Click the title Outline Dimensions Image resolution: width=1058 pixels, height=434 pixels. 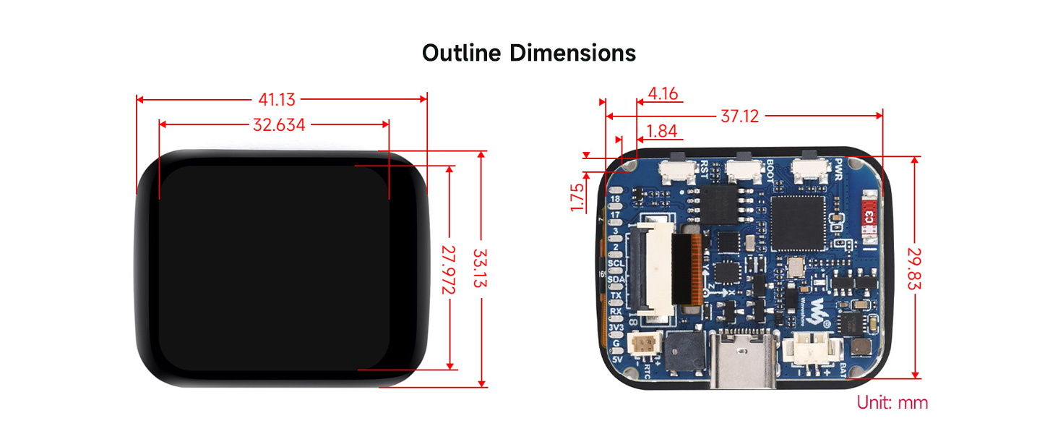pos(529,53)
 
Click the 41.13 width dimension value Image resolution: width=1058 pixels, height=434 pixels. pos(278,101)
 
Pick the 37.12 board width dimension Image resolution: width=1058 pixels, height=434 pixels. pos(739,116)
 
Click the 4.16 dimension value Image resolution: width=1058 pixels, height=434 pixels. pos(663,94)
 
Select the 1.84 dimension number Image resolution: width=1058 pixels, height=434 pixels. pos(663,131)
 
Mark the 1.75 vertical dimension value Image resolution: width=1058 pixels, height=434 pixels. pos(577,197)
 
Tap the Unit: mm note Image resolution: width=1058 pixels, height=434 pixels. pos(892,403)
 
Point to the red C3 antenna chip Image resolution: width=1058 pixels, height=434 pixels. pos(870,214)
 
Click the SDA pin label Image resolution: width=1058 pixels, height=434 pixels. pos(616,280)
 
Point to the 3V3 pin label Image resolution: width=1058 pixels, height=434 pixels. pos(616,328)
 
